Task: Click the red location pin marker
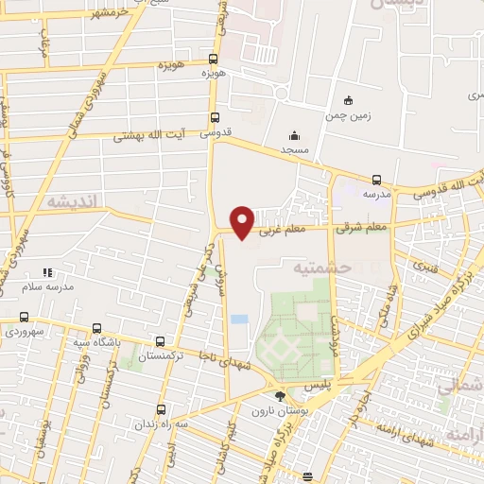(x=243, y=222)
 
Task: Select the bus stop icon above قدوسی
(x=216, y=119)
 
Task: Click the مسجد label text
(x=295, y=150)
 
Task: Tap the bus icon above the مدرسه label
(x=376, y=180)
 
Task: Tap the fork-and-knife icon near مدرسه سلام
(x=48, y=272)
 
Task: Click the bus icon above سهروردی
(x=24, y=318)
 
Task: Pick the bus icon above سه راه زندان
(x=162, y=409)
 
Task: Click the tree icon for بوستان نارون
(x=279, y=397)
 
